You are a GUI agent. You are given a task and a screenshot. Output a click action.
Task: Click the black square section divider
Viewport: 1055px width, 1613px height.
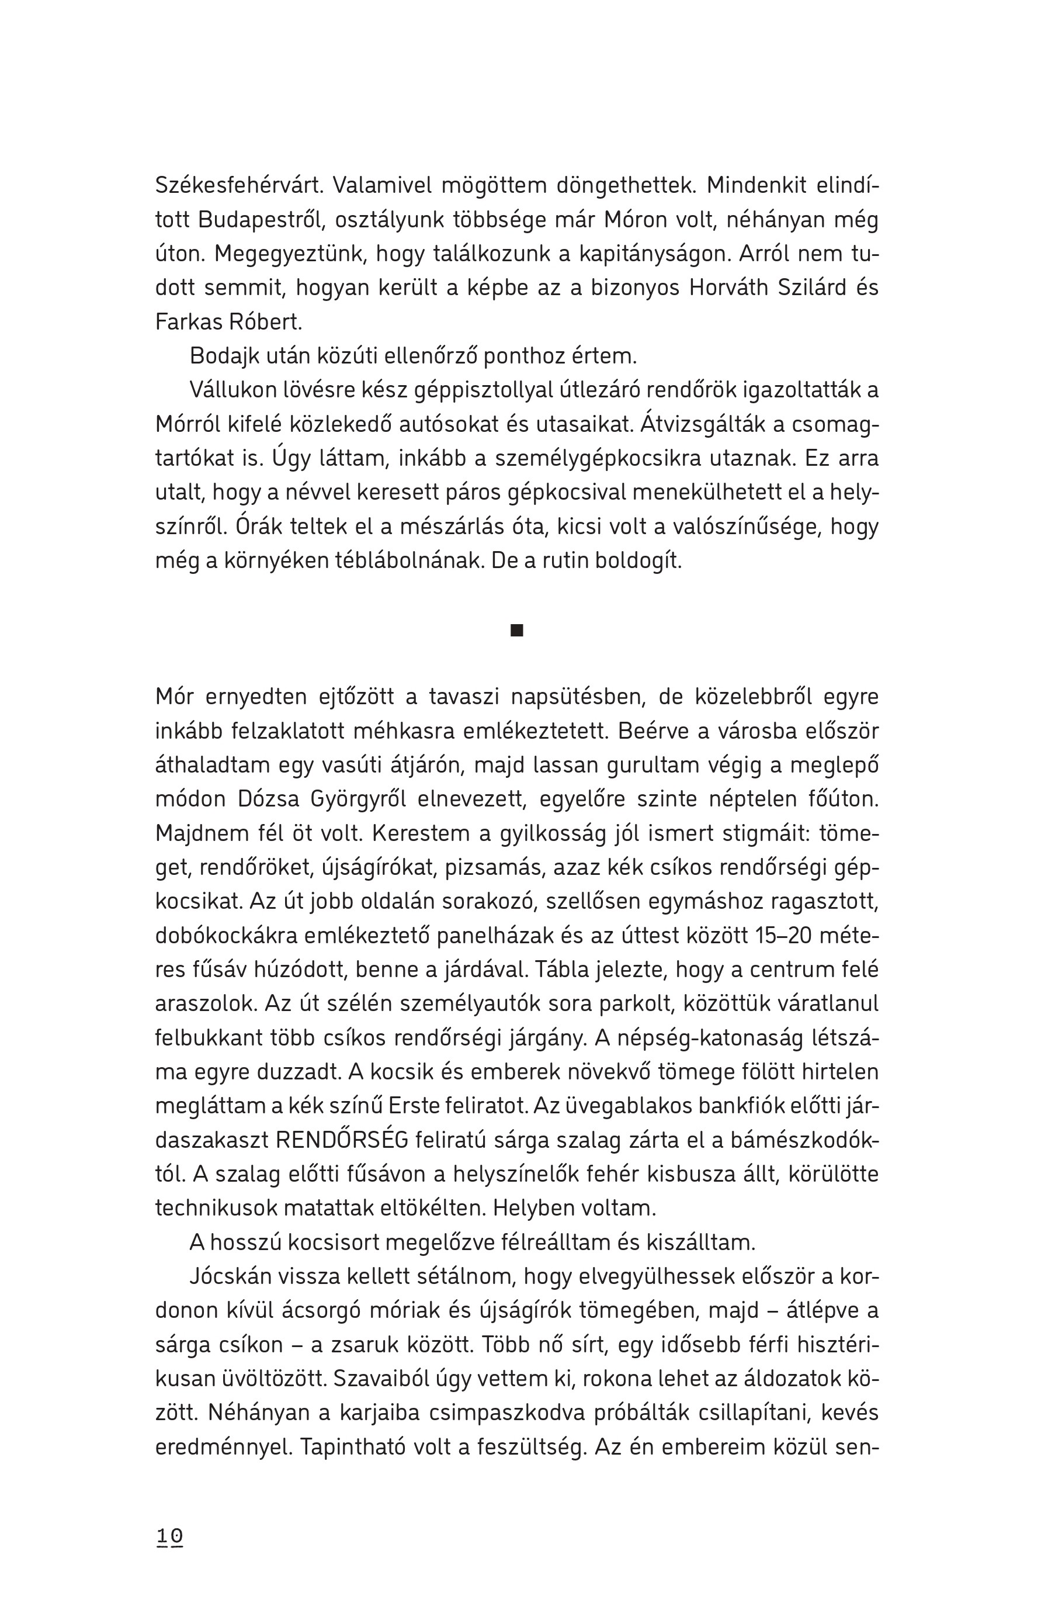click(x=517, y=631)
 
